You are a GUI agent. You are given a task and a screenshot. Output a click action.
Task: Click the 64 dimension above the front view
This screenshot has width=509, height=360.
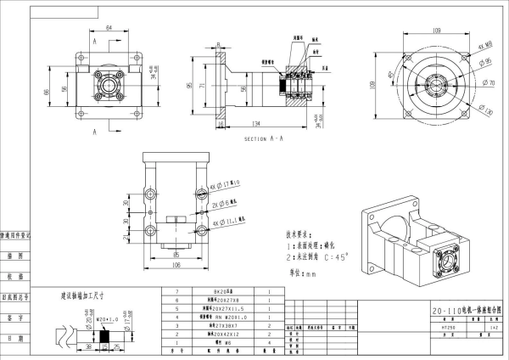[109, 27]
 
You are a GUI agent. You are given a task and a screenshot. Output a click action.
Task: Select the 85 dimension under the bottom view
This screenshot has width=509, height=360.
[176, 252]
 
